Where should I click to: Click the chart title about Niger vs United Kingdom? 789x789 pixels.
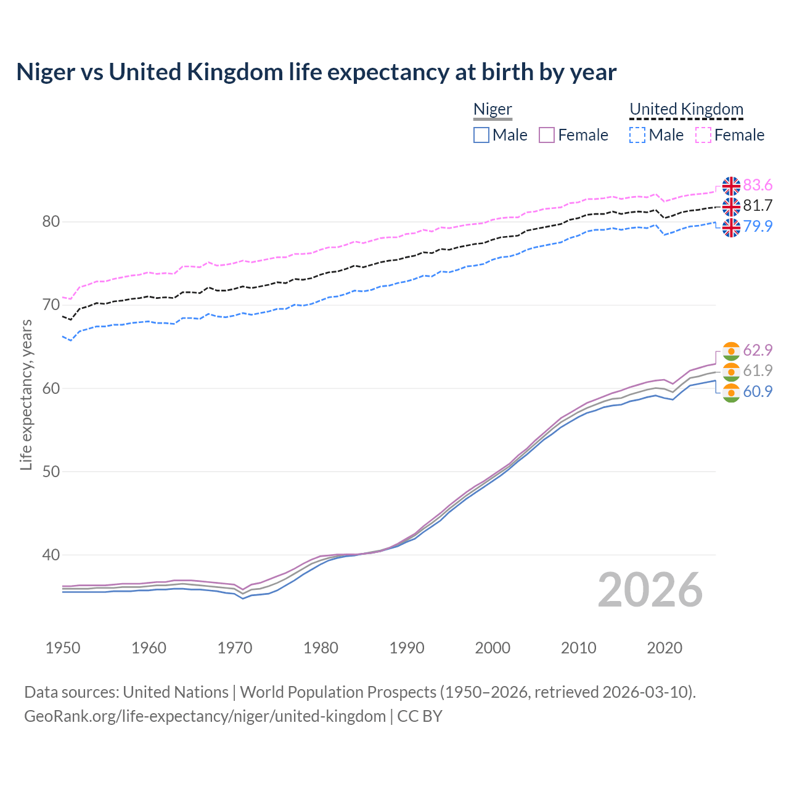pos(316,72)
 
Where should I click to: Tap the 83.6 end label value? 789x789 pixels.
pos(758,186)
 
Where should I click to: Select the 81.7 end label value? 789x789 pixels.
pos(758,206)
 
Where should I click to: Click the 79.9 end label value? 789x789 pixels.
pos(758,226)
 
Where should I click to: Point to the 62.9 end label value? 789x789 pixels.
pos(758,350)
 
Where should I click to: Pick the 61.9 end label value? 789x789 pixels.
pos(758,370)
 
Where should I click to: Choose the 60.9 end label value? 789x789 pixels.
pos(758,391)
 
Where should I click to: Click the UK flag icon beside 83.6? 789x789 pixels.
pos(731,186)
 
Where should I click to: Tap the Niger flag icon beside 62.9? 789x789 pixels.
pos(731,351)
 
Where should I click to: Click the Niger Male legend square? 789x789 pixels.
pos(481,135)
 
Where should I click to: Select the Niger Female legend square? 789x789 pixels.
pos(547,135)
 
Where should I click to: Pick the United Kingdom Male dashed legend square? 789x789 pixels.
pos(637,135)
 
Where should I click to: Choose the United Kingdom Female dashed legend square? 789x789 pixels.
pos(703,135)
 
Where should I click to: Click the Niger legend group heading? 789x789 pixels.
pos(493,110)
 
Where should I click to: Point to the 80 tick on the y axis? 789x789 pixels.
pos(51,222)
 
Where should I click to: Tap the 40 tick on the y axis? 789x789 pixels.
pos(51,555)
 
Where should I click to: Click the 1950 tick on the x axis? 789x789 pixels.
pos(63,648)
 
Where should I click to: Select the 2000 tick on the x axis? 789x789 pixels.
pos(493,648)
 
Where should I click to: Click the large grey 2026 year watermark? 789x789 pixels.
pos(650,590)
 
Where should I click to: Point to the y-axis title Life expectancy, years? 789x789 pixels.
pos(26,394)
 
